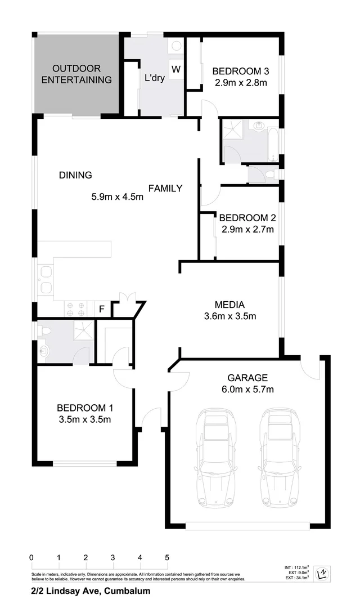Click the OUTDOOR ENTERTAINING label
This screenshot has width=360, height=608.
76,74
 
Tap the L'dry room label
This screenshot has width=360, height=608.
155,78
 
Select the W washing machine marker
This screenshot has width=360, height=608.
176,69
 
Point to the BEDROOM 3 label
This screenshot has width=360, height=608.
240,71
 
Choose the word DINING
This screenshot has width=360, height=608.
75,175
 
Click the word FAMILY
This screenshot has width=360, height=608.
165,188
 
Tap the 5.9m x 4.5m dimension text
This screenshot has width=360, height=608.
118,197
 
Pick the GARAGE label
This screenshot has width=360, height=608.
247,378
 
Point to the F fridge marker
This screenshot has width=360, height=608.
102,309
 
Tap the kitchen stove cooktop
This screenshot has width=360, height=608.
75,309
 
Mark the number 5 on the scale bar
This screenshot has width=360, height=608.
167,557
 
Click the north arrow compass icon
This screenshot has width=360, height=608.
322,573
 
